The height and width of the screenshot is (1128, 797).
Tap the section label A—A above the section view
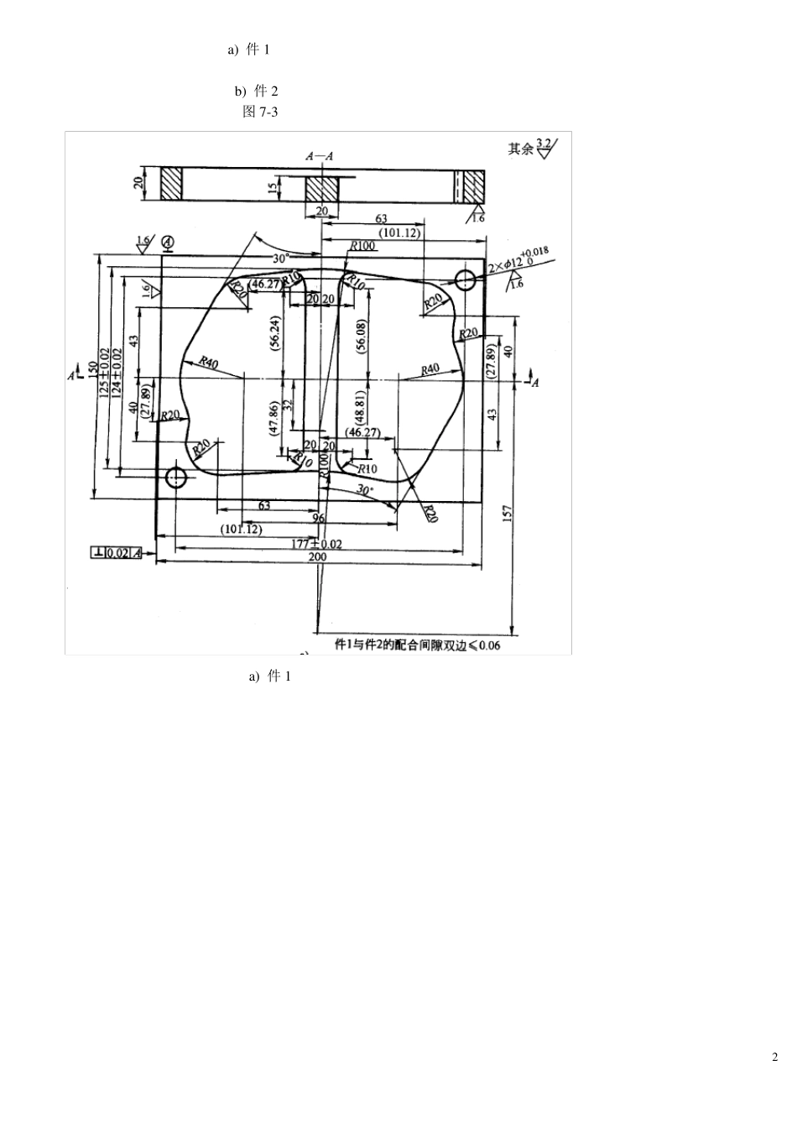pyautogui.click(x=320, y=155)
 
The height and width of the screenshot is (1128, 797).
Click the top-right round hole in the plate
pyautogui.click(x=463, y=279)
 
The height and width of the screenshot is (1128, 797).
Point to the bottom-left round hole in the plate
pyautogui.click(x=175, y=478)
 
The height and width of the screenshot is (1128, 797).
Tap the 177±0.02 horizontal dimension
pyautogui.click(x=316, y=544)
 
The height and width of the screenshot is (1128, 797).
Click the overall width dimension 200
pyautogui.click(x=317, y=557)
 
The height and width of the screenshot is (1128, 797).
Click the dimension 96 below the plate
pyautogui.click(x=318, y=518)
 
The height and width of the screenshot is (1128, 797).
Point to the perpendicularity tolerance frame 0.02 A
pyautogui.click(x=117, y=552)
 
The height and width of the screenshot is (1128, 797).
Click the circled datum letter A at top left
pyautogui.click(x=168, y=243)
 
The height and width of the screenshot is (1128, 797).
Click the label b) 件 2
pyautogui.click(x=256, y=91)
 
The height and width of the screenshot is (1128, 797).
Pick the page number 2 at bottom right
pyautogui.click(x=774, y=1057)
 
